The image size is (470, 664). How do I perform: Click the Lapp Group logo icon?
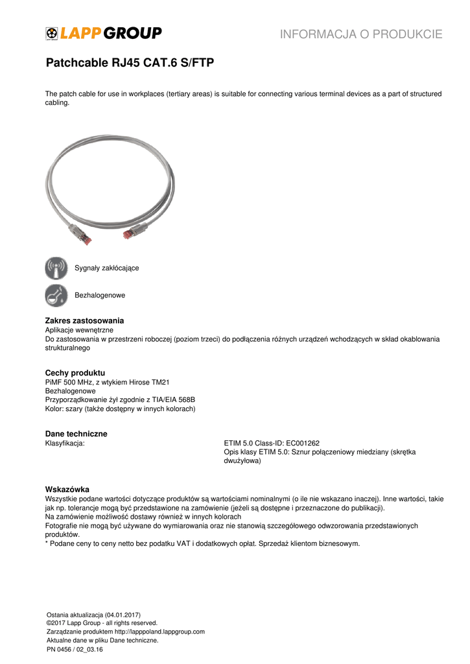[x=52, y=33]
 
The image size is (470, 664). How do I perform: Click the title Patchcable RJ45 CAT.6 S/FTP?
[x=130, y=64]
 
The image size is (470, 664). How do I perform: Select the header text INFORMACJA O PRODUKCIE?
[x=361, y=34]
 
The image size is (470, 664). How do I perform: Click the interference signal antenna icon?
[x=56, y=268]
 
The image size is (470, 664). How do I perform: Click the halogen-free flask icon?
[x=56, y=295]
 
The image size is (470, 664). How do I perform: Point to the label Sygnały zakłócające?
[x=106, y=268]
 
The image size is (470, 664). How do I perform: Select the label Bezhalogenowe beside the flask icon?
[x=100, y=295]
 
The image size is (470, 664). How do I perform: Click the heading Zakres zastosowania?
[x=84, y=321]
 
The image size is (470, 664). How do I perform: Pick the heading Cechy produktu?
[x=75, y=373]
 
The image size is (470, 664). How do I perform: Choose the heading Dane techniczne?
[x=76, y=434]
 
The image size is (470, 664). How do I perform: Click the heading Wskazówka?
[x=67, y=489]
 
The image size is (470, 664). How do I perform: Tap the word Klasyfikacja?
[x=65, y=444]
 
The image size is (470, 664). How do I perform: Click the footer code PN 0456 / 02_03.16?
[x=75, y=649]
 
